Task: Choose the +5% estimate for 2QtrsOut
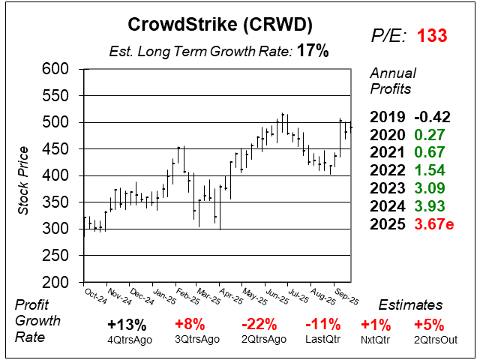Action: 428,325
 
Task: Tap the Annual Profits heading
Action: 391,81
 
